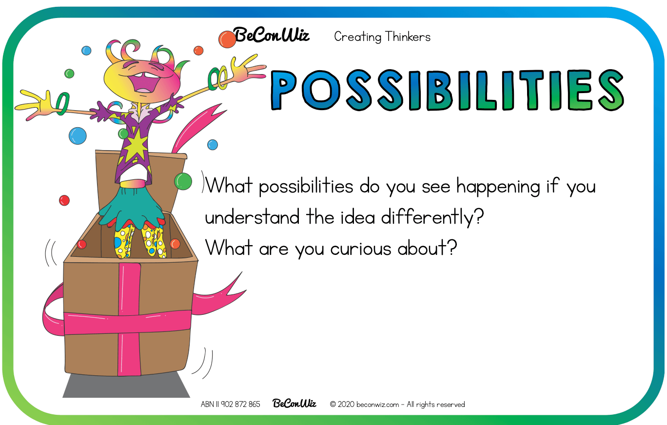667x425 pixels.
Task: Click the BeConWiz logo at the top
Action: [x=271, y=36]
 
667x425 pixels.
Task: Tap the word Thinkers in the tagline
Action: [x=408, y=37]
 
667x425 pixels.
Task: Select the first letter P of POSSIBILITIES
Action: [x=284, y=90]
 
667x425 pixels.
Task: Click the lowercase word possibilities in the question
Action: [x=306, y=187]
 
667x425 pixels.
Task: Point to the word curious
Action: [x=361, y=248]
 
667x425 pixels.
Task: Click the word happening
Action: [x=498, y=187]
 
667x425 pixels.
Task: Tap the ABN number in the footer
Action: [x=230, y=404]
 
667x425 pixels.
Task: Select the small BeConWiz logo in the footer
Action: [x=294, y=403]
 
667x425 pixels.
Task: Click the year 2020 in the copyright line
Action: [x=346, y=404]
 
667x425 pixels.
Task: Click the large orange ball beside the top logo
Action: [x=227, y=39]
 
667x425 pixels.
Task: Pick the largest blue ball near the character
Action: [x=78, y=136]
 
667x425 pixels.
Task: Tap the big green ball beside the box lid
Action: [x=183, y=181]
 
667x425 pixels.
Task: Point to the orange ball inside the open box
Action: [x=175, y=244]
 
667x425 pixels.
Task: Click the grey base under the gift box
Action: [x=126, y=385]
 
